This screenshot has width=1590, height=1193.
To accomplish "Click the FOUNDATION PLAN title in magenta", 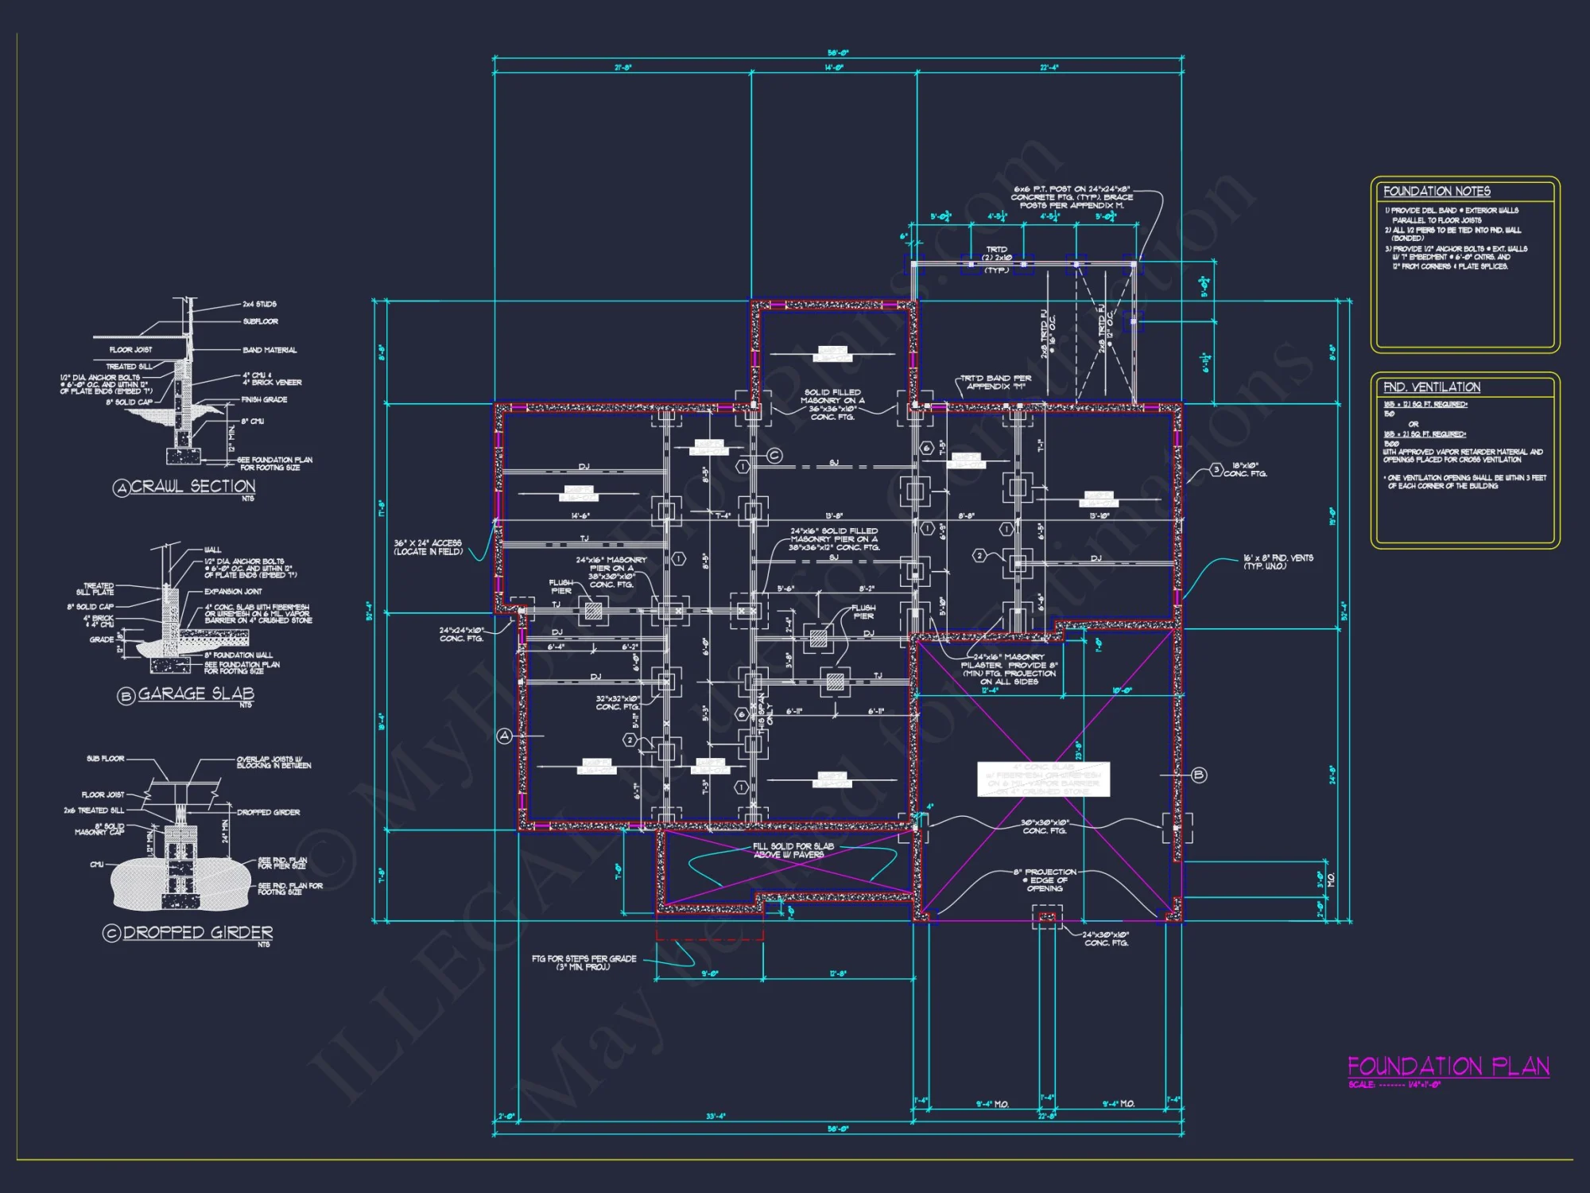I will coord(1448,1067).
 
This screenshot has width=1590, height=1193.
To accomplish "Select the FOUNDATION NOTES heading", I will coord(1437,192).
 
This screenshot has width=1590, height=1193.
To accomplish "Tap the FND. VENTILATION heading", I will coord(1431,387).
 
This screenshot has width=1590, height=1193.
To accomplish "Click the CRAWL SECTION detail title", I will coord(192,486).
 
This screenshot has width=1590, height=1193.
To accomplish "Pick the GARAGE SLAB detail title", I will coord(196,694).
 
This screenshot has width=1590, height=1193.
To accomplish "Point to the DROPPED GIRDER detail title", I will coord(197,932).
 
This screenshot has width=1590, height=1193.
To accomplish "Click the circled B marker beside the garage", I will coord(1199,775).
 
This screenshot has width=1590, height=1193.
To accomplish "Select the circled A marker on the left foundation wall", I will coord(504,736).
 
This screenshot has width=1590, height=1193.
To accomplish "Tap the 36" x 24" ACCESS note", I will coord(428,547).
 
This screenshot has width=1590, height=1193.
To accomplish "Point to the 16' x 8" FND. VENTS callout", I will coord(1278,562).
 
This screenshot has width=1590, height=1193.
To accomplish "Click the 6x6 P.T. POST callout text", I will coord(1072,197).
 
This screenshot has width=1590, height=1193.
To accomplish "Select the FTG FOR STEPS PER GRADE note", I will coord(584,962).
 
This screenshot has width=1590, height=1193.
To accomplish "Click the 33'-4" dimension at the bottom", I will coord(715,1117).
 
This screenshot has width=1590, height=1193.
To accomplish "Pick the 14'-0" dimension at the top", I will coord(834,68).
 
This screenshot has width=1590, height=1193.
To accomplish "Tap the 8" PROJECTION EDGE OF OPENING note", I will coord(1045,880).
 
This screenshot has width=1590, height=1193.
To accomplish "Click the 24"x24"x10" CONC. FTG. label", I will coord(461,634).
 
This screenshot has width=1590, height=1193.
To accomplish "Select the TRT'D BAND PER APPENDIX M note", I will coord(995,383).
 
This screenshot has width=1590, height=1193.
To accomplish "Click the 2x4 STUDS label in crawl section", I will coord(259,304).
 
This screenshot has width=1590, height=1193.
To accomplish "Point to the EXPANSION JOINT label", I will coord(232,592).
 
